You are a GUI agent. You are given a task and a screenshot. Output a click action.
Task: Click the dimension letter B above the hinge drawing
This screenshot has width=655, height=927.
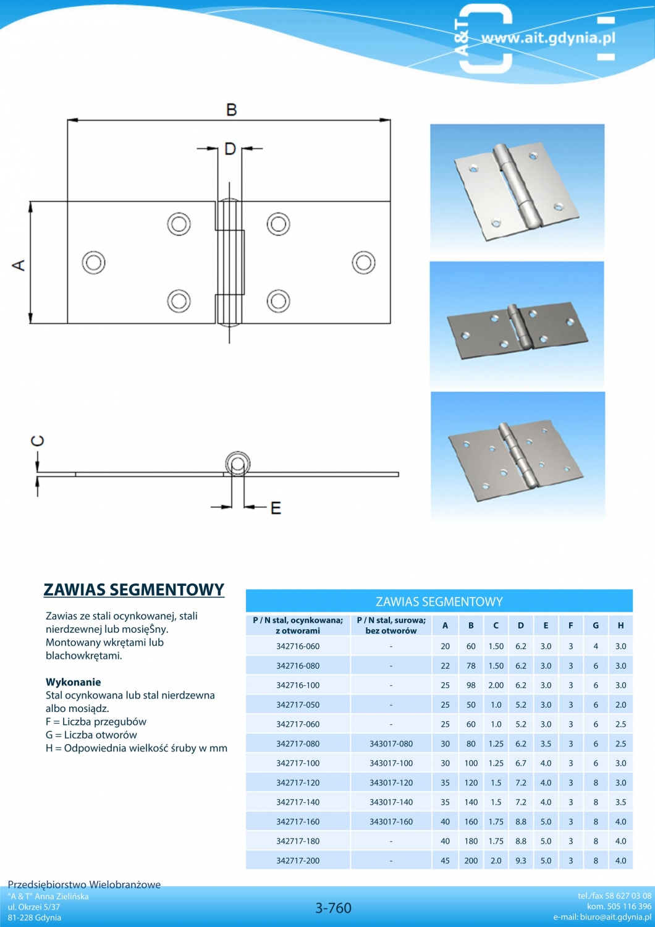pos(231,109)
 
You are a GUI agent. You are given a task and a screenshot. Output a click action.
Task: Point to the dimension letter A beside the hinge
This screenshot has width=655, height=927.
pos(19,265)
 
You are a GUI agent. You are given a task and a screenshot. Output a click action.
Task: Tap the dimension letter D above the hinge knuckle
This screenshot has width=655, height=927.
pos(230,148)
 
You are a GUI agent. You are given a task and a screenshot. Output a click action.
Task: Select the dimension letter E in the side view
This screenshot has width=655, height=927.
pos(276,507)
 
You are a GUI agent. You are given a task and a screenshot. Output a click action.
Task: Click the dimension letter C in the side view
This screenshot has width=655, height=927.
pos(38,441)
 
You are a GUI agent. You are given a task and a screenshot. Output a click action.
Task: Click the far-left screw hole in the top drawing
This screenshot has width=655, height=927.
pos(93,262)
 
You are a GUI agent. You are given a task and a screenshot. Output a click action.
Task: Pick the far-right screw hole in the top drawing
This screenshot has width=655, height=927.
pos(363,262)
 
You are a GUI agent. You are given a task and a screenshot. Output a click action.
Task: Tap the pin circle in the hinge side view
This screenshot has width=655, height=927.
pos(237,464)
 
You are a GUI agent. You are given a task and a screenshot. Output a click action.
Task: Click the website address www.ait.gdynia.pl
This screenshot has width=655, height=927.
pos(548,38)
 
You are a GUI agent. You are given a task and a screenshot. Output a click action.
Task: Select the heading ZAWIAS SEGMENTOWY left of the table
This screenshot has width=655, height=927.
pos(133,590)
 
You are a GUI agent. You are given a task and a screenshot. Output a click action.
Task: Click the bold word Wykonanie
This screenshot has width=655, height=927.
pos(73,682)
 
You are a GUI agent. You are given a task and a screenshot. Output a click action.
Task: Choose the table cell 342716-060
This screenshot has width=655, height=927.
pos(298,646)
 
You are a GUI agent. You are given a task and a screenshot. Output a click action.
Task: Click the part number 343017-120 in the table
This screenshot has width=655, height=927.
pos(391,783)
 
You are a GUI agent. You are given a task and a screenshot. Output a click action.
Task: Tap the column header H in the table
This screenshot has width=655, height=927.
pos(620,625)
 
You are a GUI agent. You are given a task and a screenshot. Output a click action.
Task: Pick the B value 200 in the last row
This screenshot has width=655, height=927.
pos(471,861)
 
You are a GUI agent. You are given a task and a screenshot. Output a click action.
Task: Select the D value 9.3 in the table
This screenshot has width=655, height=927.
pos(521,861)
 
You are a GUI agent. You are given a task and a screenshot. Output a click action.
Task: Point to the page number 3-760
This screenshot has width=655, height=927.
pos(333,908)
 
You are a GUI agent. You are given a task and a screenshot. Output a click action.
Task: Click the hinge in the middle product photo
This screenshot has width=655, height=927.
pos(518,328)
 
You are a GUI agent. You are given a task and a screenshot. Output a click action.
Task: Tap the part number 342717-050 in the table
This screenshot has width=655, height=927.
pos(298,705)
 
